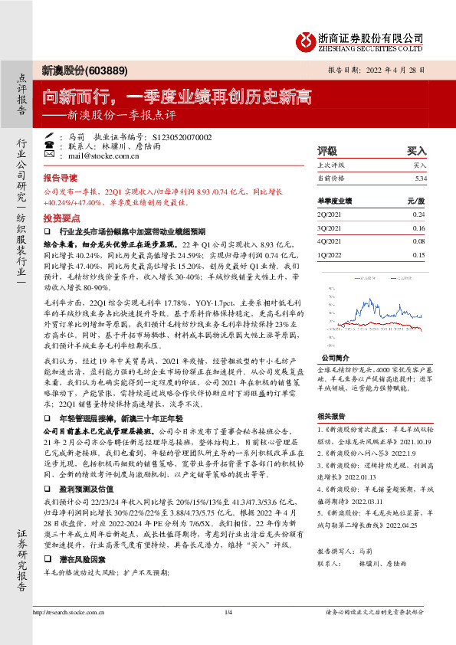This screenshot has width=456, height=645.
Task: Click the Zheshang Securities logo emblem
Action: (307, 39)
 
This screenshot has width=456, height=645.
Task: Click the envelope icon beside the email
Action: (51, 155)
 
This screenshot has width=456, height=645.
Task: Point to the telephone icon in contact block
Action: (51, 146)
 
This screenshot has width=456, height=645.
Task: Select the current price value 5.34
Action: (418, 178)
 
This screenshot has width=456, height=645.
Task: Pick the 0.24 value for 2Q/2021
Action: (418, 214)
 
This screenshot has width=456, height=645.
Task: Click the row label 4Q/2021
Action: (328, 241)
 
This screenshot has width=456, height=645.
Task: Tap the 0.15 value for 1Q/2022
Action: (418, 255)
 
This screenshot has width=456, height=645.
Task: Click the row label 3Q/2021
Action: (328, 228)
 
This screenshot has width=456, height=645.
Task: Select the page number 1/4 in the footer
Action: (228, 634)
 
